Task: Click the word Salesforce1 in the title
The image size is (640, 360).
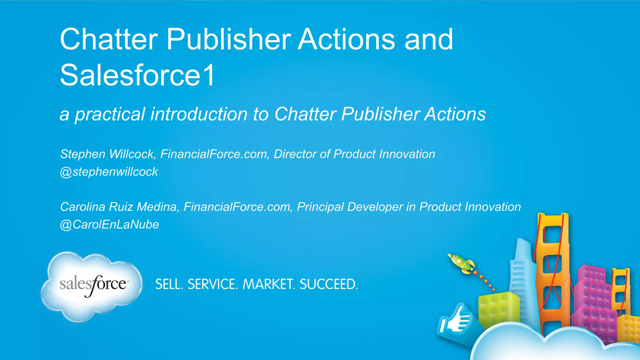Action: click(137, 75)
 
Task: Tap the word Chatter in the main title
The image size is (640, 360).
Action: click(109, 39)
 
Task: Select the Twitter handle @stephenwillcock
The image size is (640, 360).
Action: click(109, 172)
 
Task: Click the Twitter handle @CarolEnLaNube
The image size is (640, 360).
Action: click(109, 224)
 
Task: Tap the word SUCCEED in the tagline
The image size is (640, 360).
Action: click(328, 284)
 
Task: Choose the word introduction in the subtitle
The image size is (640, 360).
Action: click(199, 114)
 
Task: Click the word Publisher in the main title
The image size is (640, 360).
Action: click(229, 39)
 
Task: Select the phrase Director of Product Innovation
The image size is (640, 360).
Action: click(354, 154)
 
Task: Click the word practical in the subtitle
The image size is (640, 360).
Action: click(110, 114)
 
